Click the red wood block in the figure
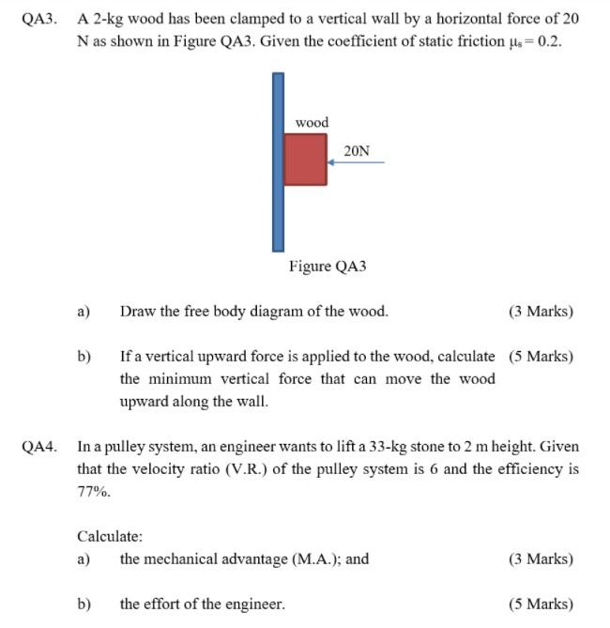305,160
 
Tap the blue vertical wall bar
278,161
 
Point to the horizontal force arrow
356,162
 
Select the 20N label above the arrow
357,150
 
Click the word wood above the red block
312,123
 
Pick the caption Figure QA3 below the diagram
328,267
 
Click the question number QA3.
39,19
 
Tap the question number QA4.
39,447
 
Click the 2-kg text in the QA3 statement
108,19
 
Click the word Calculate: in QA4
110,537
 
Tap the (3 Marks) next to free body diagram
541,312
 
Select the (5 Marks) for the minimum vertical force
541,357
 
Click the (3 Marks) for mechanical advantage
541,559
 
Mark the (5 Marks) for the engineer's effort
541,605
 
